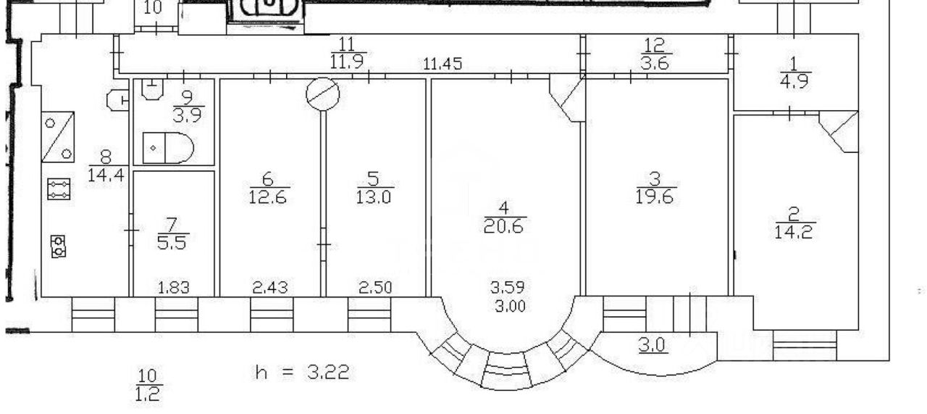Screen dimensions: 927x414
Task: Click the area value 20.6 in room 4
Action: click(x=503, y=227)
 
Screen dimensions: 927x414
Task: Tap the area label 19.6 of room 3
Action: click(x=654, y=197)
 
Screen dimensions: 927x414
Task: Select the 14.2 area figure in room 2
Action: click(x=793, y=232)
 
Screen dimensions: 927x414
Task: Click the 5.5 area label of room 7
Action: click(x=172, y=243)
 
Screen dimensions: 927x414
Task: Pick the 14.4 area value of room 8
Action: click(x=106, y=175)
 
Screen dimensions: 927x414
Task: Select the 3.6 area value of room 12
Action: click(x=654, y=63)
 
